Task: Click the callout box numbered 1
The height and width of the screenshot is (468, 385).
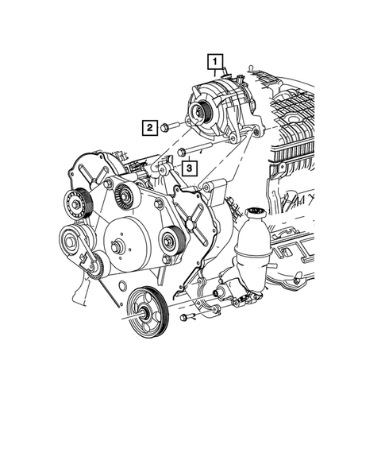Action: click(x=216, y=60)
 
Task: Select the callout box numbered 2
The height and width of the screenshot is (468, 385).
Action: click(x=148, y=126)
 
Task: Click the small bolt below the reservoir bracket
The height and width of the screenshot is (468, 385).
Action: click(x=184, y=318)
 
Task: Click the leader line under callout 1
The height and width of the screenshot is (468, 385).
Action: click(x=216, y=71)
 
